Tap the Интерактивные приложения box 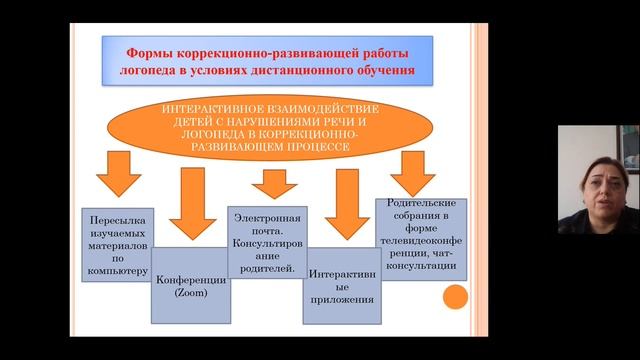point(342,285)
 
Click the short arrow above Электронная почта point(269,183)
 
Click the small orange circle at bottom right point(455,297)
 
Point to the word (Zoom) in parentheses point(189,296)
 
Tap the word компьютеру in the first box point(120,270)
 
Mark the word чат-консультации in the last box point(419,265)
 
